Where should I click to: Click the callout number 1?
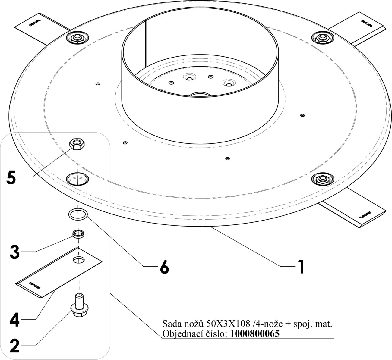tap(301, 266)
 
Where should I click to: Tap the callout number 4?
tap(14, 320)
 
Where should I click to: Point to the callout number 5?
tap(11, 178)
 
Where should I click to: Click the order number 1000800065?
tap(255, 334)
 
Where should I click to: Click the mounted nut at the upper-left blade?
tap(77, 38)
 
